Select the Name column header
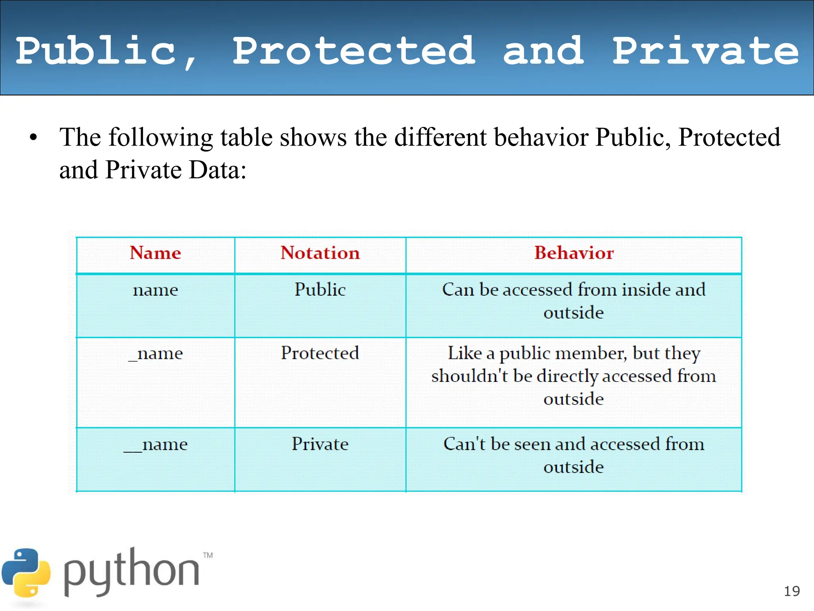pyautogui.click(x=155, y=253)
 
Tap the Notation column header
pyautogui.click(x=320, y=253)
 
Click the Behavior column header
pyautogui.click(x=574, y=253)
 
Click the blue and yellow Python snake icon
pyautogui.click(x=26, y=573)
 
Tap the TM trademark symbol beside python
pyautogui.click(x=208, y=555)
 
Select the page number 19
pyautogui.click(x=792, y=592)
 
